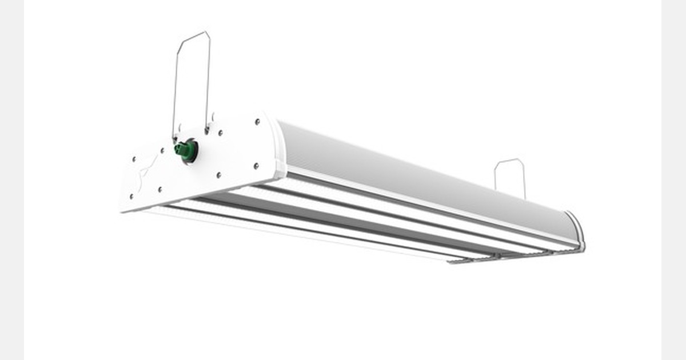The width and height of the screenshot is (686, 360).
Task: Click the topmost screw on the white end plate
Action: point(257,121)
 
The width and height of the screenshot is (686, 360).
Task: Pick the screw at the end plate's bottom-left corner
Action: point(131,197)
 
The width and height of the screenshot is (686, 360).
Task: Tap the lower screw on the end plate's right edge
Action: point(256,166)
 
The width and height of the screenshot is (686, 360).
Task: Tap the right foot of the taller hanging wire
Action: point(207,130)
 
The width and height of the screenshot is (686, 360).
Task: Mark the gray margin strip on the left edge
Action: point(11,180)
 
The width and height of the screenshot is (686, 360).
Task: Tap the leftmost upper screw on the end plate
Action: point(134,159)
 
